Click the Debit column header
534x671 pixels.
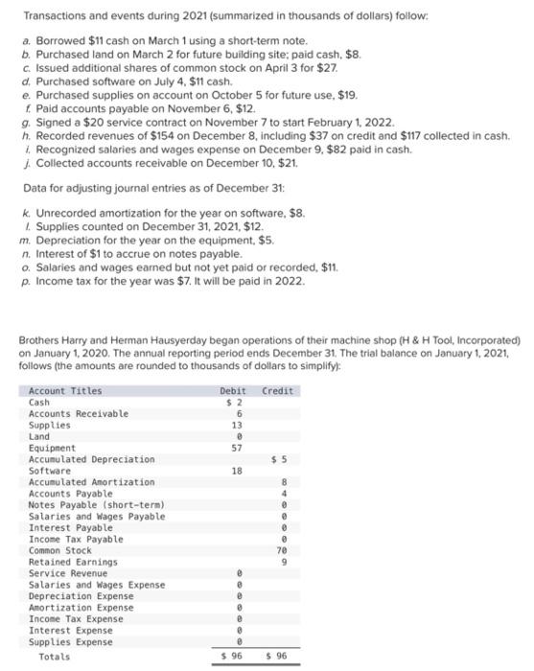(232, 391)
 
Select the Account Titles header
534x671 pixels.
(65, 391)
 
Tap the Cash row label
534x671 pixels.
(39, 403)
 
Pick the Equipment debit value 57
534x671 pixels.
(237, 448)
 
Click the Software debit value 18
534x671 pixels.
(237, 471)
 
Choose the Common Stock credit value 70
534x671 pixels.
(283, 550)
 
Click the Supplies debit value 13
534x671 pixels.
(237, 425)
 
